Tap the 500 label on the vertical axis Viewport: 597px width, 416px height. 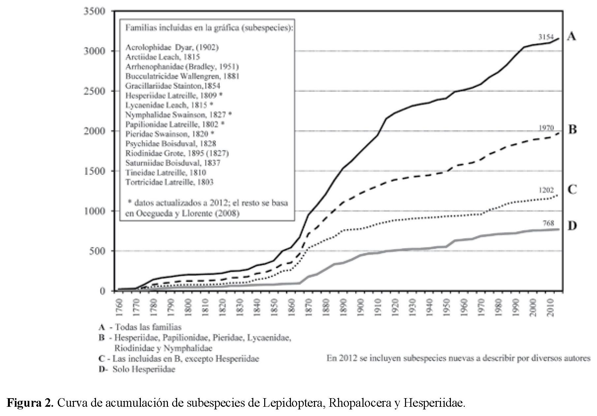click(x=99, y=251)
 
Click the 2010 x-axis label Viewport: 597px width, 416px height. click(x=552, y=307)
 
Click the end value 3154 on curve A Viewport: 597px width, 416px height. click(x=546, y=37)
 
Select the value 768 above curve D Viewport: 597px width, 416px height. click(x=548, y=223)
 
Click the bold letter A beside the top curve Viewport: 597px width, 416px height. click(x=572, y=37)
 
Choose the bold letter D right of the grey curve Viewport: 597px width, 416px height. click(x=572, y=226)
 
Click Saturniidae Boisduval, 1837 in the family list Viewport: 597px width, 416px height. click(x=173, y=163)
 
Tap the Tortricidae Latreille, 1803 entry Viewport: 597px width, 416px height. click(x=169, y=182)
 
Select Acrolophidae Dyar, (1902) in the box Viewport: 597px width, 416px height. click(x=172, y=48)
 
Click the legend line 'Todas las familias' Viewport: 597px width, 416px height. click(x=148, y=327)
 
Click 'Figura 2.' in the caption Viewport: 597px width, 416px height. click(x=30, y=403)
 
